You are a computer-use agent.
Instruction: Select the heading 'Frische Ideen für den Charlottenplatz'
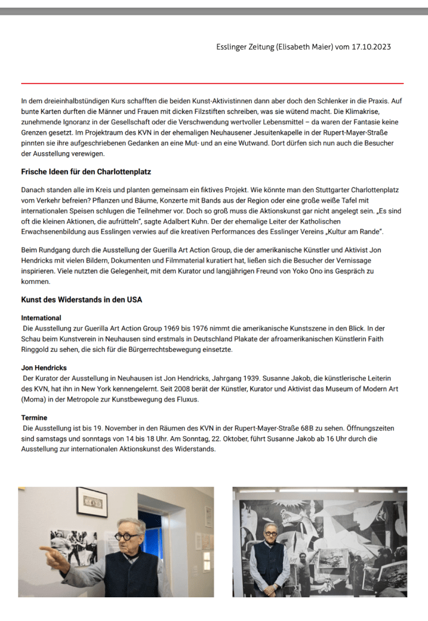click(x=86, y=172)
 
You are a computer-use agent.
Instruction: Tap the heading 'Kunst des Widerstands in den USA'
click(x=81, y=300)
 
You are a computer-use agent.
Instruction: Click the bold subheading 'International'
click(x=41, y=318)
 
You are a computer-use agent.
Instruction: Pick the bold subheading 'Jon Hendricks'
click(x=44, y=368)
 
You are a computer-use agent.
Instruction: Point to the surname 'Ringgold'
click(x=38, y=349)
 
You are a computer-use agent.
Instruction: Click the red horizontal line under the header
click(x=212, y=83)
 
